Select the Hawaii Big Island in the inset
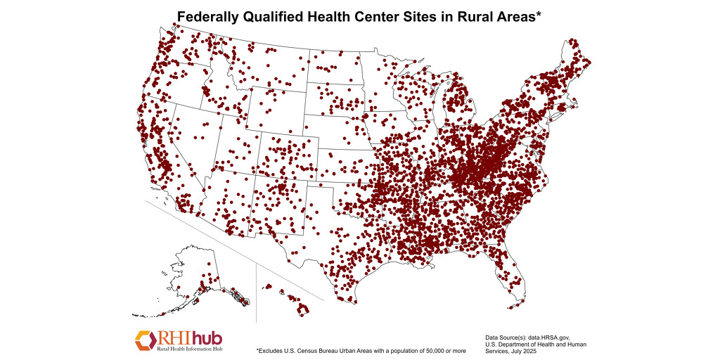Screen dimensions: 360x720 click(x=304, y=308)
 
